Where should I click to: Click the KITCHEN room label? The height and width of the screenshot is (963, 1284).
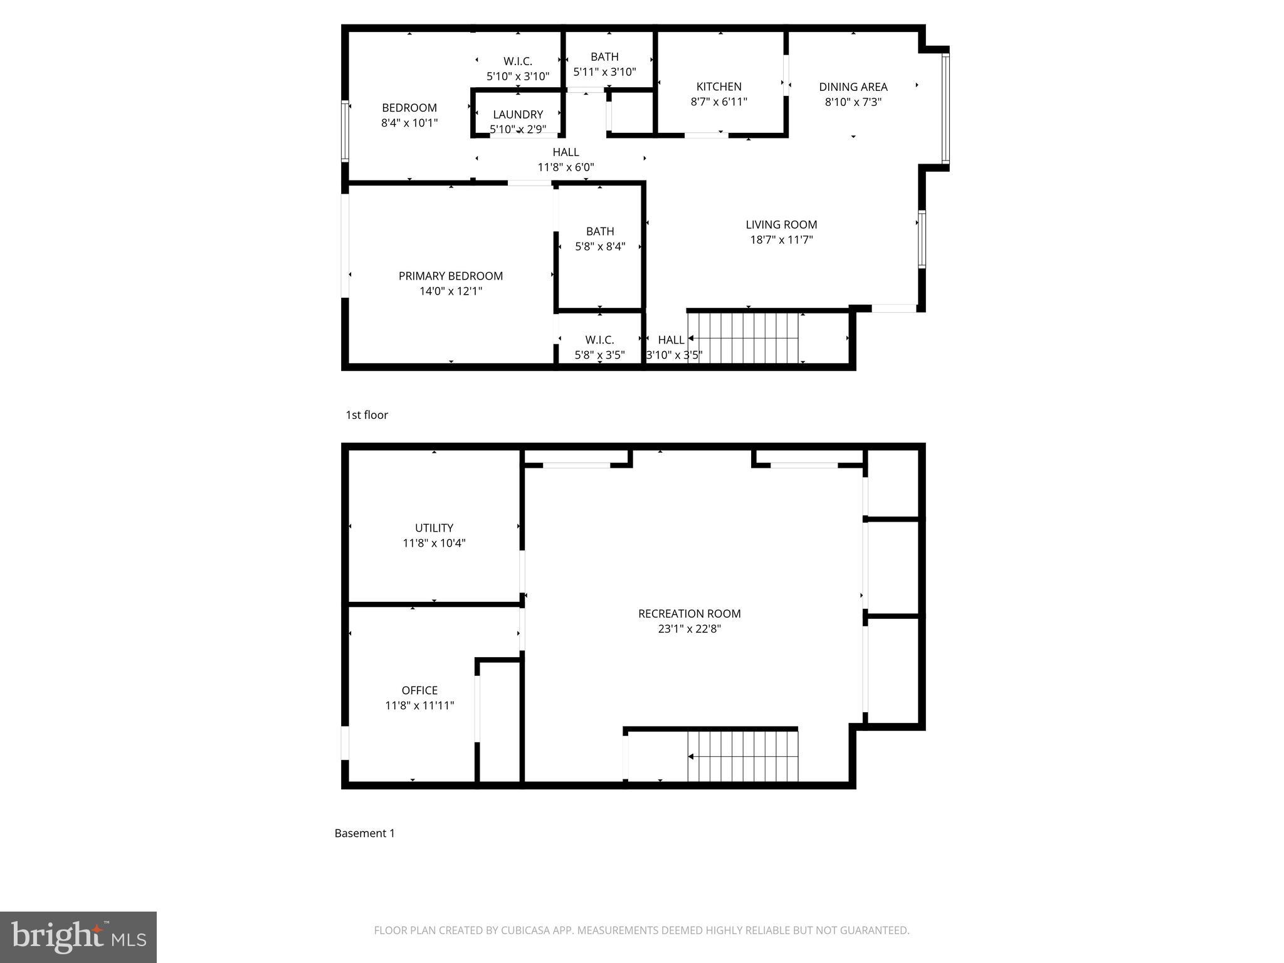point(718,87)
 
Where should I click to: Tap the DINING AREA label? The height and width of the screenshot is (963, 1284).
point(853,87)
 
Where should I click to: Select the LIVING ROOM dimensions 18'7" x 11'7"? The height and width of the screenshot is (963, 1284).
point(781,239)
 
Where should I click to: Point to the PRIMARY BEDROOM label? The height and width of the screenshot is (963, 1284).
point(450,276)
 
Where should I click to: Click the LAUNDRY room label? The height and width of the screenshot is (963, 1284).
point(518,115)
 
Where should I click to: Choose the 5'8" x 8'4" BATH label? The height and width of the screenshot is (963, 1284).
point(600,231)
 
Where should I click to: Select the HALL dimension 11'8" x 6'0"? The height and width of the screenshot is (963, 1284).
point(566,167)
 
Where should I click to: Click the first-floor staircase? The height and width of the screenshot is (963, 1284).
point(743,339)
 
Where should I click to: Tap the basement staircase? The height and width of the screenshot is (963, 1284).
point(743,756)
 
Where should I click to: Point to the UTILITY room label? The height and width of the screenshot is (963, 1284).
point(434,528)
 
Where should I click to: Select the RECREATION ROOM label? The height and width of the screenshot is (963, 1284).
point(689,614)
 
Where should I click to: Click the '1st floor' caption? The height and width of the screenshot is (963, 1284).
point(367,415)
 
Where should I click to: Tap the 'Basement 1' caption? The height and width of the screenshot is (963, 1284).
point(364,833)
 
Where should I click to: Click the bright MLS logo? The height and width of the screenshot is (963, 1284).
point(78,937)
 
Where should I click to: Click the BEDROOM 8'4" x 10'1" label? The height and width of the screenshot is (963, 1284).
point(409,108)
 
